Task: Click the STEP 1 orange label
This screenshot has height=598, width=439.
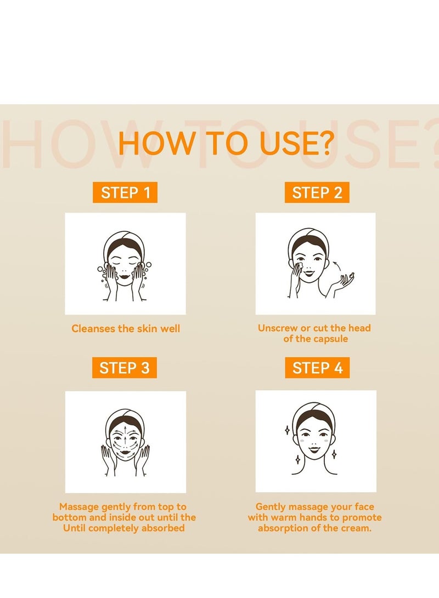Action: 125,192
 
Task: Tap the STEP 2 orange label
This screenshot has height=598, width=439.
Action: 317,192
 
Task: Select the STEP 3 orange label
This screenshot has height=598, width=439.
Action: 125,368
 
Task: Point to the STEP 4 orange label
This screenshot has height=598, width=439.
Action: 317,368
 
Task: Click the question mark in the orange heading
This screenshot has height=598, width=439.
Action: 324,143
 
